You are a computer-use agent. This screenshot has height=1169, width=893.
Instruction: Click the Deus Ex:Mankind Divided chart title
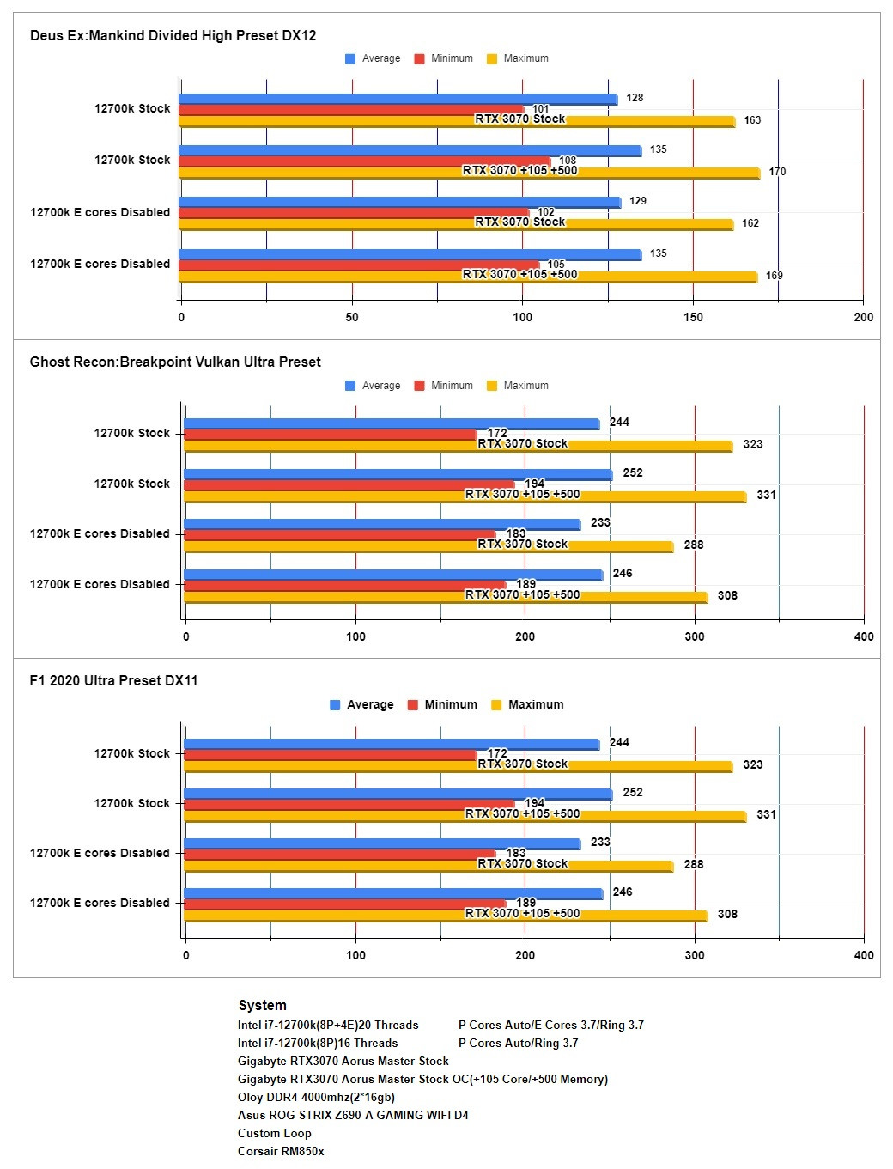coord(173,35)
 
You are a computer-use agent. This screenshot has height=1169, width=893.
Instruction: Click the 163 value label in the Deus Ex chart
coord(752,120)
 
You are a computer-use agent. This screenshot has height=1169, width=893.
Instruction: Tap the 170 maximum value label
coord(777,172)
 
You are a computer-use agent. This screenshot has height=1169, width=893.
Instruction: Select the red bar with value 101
coord(343,110)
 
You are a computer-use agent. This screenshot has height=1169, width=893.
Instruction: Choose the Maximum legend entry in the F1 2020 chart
coord(527,704)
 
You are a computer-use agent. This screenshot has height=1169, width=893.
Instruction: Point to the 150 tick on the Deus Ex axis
coord(693,317)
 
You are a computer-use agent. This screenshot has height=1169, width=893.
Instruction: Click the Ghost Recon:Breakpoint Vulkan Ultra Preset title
coord(175,362)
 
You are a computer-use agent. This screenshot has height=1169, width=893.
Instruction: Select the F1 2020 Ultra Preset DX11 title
coord(113,680)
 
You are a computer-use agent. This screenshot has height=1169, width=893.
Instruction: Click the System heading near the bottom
coord(262,1005)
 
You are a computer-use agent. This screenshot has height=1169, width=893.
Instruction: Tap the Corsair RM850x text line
coord(281,1151)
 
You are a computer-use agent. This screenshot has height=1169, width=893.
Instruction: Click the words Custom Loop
coord(274,1133)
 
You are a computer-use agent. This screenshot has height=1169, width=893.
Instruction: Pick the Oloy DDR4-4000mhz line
coord(316,1097)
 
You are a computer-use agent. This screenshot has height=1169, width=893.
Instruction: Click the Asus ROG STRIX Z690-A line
coord(353,1115)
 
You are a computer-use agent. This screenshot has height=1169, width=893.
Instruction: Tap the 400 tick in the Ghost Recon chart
coord(863,636)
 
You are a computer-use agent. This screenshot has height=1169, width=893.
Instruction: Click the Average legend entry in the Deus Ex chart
coord(373,58)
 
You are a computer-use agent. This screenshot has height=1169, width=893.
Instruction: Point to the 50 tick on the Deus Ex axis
coord(352,317)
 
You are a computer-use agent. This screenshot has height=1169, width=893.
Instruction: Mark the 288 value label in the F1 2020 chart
coord(694,864)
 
